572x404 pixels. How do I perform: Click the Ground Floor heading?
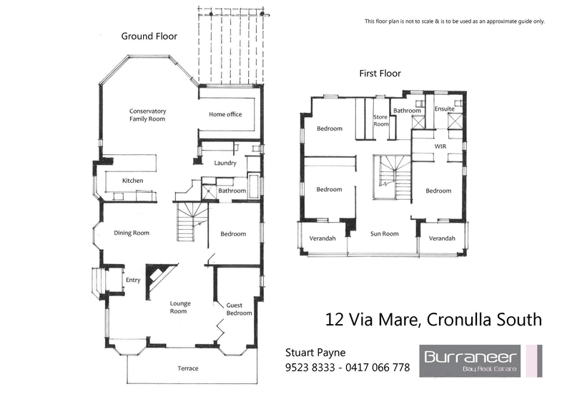coord(149,36)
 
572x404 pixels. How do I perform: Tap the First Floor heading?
coord(380,74)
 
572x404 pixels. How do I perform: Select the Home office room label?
coord(225,114)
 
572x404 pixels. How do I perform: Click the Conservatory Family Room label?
coord(147,115)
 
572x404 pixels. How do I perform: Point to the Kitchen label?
coord(132,181)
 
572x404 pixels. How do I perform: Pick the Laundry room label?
coord(225,163)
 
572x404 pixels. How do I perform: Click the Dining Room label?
coord(132,233)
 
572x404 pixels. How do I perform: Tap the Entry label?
coord(133,280)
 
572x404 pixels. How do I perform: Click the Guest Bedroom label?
coord(239,308)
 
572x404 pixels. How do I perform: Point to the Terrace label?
coord(187,368)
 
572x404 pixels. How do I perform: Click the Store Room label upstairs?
coord(381,120)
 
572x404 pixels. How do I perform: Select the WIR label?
coord(440,146)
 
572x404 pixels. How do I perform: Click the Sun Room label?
coord(384,233)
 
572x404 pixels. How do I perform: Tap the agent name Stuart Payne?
coord(315,352)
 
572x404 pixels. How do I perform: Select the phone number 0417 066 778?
coord(378,368)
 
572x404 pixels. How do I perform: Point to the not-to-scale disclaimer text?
coord(455,21)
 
